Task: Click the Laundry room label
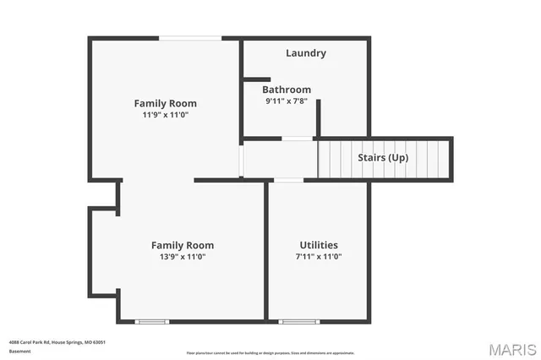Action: (305, 53)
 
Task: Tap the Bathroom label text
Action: (286, 90)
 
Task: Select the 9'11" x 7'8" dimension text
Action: (286, 101)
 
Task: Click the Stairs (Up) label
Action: (385, 158)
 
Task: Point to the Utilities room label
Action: (319, 245)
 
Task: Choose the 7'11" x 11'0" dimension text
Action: (319, 256)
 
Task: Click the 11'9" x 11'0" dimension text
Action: (165, 115)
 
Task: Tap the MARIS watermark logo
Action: (512, 348)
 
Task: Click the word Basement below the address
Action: (19, 351)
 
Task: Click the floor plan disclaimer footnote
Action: (270, 353)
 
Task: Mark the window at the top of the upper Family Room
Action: (191, 37)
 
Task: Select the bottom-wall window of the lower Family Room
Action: (152, 321)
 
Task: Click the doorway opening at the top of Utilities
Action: (289, 179)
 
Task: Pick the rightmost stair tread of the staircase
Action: (445, 158)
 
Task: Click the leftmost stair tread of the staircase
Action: (323, 158)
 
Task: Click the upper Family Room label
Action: (165, 103)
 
